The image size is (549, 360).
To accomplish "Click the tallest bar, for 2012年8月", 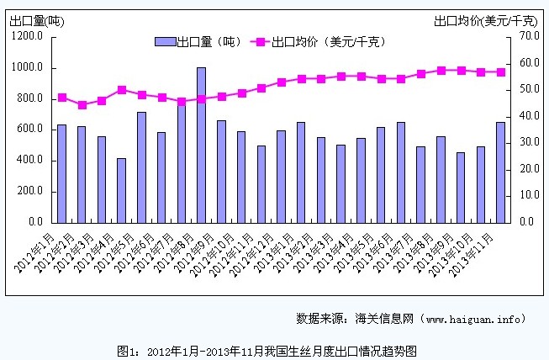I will pos(201,144).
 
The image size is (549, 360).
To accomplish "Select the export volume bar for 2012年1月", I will pos(61,172).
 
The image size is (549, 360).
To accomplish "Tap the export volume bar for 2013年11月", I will pos(501,172).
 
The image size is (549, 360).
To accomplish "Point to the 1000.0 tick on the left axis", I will pos(29,67).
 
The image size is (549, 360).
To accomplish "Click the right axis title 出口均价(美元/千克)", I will pos(486,19).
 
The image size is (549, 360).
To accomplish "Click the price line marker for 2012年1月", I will pos(61,98).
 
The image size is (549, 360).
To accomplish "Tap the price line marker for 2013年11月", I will pos(501,72).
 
